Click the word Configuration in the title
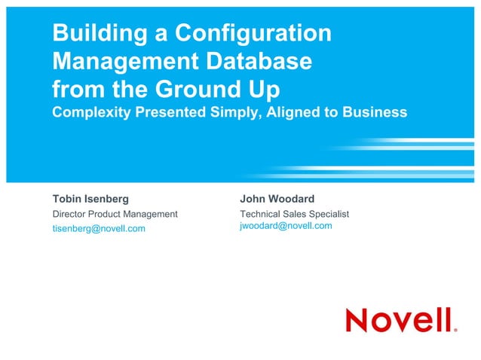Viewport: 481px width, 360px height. pyautogui.click(x=253, y=33)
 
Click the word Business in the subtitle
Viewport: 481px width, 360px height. pyautogui.click(x=374, y=112)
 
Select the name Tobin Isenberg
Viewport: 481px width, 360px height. pyautogui.click(x=90, y=200)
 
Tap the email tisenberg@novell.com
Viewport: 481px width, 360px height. pyautogui.click(x=99, y=228)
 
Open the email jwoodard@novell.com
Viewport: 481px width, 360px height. pyautogui.click(x=286, y=226)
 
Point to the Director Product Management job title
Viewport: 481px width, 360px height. pyautogui.click(x=115, y=214)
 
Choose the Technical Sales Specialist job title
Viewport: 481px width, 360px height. pyautogui.click(x=294, y=214)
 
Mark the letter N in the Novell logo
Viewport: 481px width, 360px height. pyautogui.click(x=358, y=320)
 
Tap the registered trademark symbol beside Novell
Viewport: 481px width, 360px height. pyautogui.click(x=455, y=329)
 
